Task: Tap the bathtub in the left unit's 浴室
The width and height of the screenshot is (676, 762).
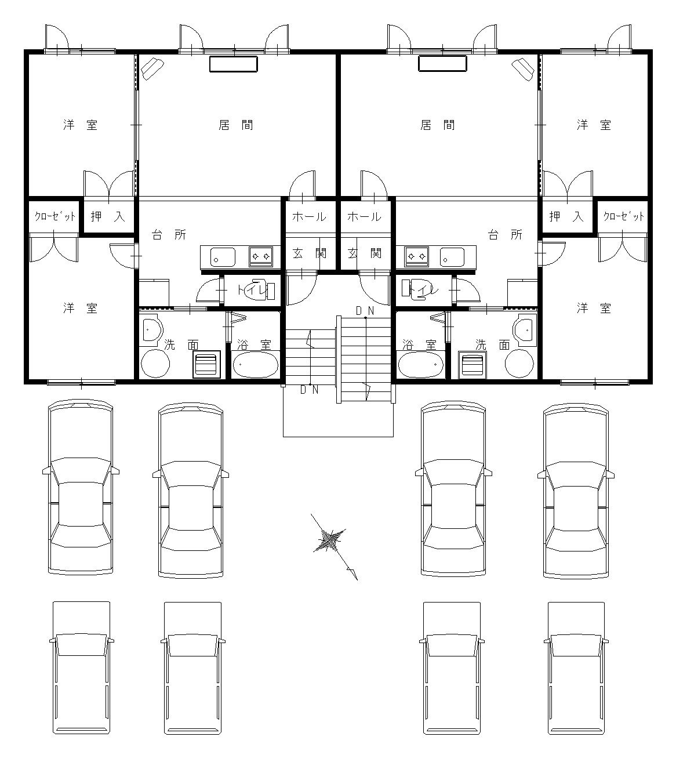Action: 255,364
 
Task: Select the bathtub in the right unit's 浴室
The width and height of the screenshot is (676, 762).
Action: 420,364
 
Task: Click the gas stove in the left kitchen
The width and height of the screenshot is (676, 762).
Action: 260,256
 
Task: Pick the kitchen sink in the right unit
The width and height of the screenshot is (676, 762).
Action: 452,257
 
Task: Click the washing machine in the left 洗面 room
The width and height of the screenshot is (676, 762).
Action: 206,364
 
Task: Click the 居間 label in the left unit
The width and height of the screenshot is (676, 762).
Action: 236,125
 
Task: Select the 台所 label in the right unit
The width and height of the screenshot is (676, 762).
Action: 505,235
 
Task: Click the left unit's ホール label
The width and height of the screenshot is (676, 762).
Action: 309,217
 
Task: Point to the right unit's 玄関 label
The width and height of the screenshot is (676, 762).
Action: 364,253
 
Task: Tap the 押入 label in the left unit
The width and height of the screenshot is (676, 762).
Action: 108,216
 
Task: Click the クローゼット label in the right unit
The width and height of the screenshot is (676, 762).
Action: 624,216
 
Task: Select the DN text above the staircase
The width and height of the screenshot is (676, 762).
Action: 365,311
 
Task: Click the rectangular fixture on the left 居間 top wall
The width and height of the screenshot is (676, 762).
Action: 234,64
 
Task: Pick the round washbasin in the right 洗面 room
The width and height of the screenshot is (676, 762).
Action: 519,364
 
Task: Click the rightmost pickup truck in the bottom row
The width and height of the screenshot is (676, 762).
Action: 576,667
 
